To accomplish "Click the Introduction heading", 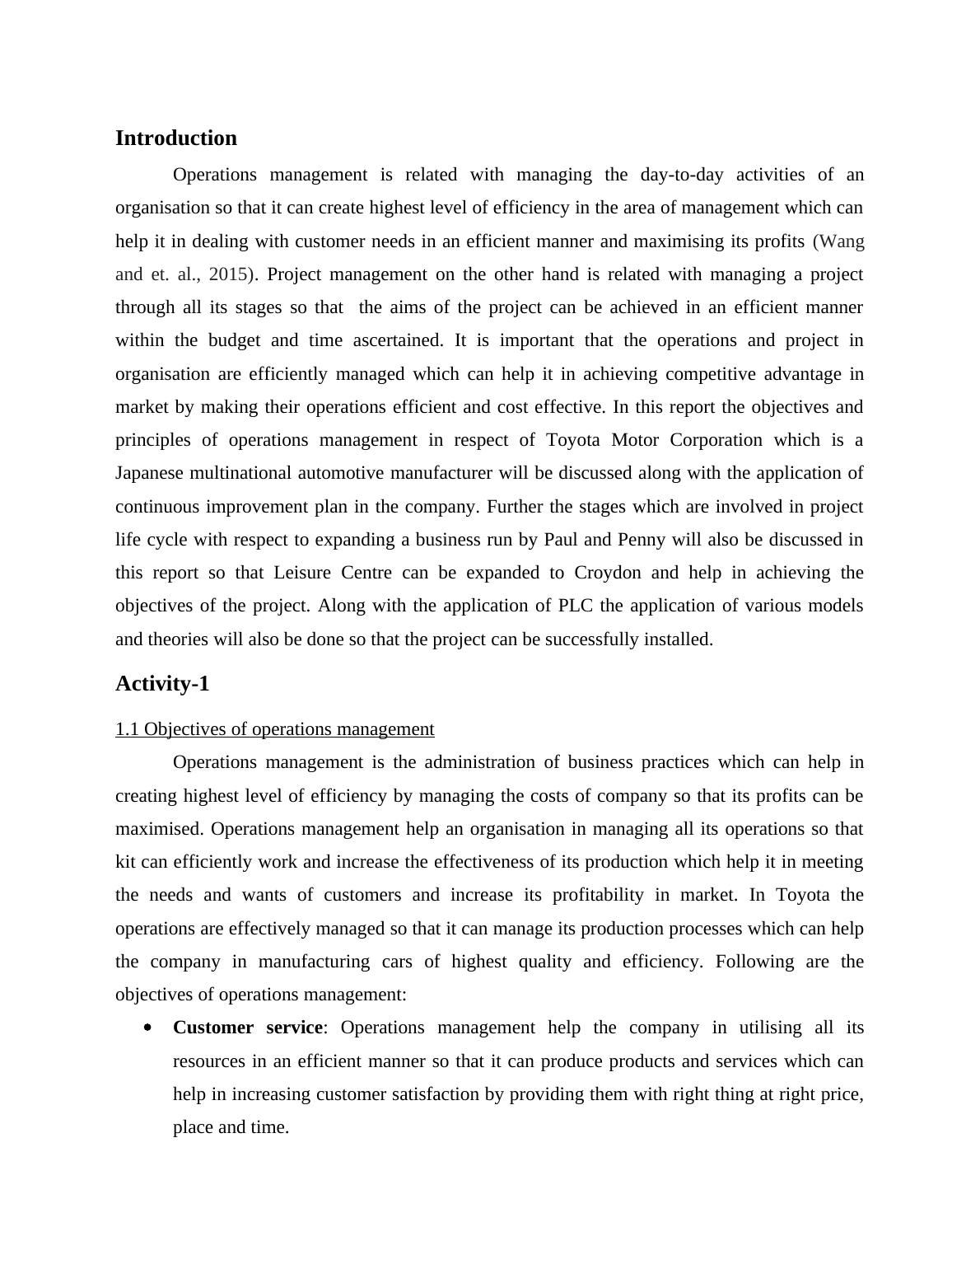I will pos(175,138).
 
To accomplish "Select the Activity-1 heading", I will pos(162,684).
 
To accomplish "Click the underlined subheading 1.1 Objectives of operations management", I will pos(274,729).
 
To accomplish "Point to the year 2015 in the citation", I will pos(228,274).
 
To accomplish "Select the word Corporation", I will pos(716,440).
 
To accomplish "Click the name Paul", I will pos(561,540).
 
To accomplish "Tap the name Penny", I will pos(641,540).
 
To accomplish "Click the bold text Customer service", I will pos(247,1028).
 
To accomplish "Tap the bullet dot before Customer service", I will pos(147,1028).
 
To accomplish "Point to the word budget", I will pos(234,340).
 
